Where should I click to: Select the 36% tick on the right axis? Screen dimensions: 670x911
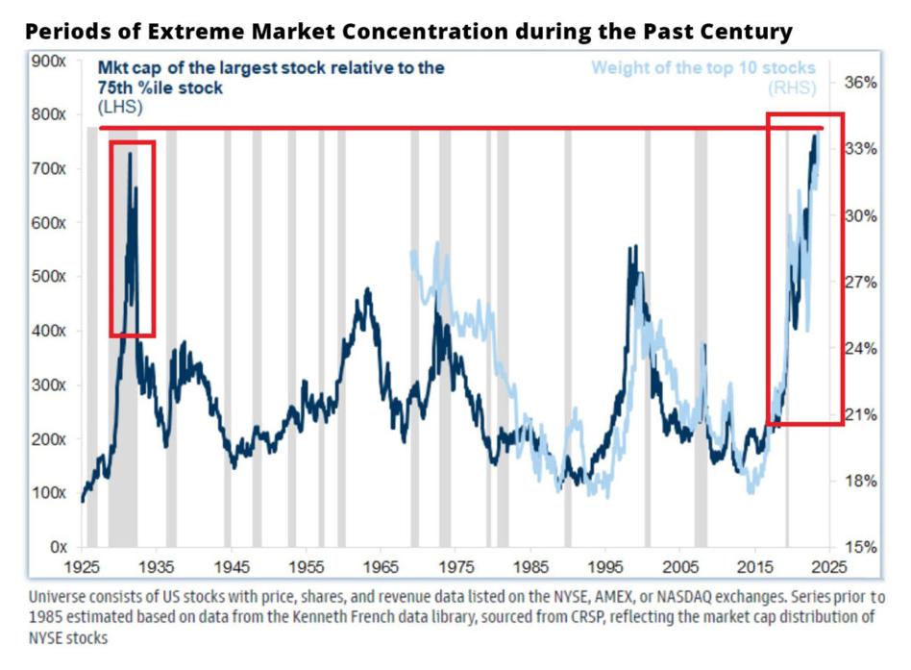point(858,83)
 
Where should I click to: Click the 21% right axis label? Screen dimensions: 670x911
point(858,415)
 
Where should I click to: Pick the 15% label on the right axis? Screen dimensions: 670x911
point(858,547)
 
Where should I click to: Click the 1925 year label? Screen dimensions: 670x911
point(83,566)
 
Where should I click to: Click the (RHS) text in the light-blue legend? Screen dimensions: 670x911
point(791,88)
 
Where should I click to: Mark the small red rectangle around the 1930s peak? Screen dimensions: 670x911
point(132,238)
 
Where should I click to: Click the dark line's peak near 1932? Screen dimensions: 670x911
point(130,154)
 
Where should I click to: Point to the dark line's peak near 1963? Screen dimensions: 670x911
point(367,288)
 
